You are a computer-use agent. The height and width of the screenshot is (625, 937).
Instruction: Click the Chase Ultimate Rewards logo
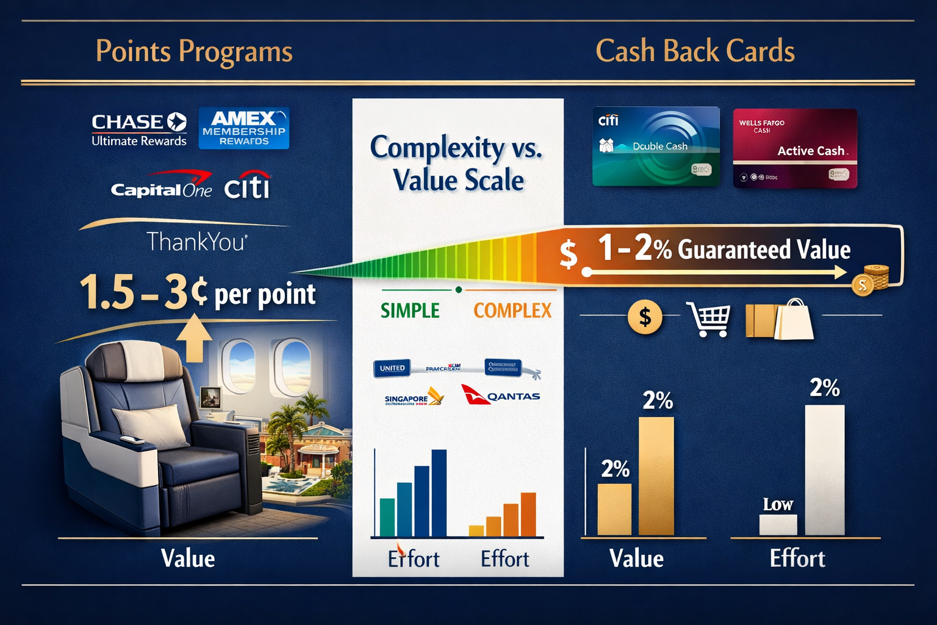tap(139, 130)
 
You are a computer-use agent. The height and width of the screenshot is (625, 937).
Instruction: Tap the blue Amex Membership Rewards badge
tap(244, 128)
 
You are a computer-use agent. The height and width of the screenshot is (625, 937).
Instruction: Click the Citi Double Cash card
tap(656, 146)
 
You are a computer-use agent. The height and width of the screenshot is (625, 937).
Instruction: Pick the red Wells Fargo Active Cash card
tap(795, 148)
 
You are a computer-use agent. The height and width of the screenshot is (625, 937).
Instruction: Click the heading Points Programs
tap(194, 51)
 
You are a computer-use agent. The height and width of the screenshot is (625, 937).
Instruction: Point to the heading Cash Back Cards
tap(695, 51)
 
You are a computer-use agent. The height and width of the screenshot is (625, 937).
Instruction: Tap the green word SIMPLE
tap(410, 311)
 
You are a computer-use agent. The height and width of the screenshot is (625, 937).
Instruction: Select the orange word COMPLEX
tap(512, 311)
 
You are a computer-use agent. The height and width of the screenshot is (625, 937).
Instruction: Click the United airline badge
tap(392, 368)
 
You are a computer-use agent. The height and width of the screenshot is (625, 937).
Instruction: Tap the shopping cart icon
tap(709, 319)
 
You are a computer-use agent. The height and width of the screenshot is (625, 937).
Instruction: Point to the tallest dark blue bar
tap(439, 493)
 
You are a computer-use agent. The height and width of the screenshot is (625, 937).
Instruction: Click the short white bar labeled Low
tap(778, 524)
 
